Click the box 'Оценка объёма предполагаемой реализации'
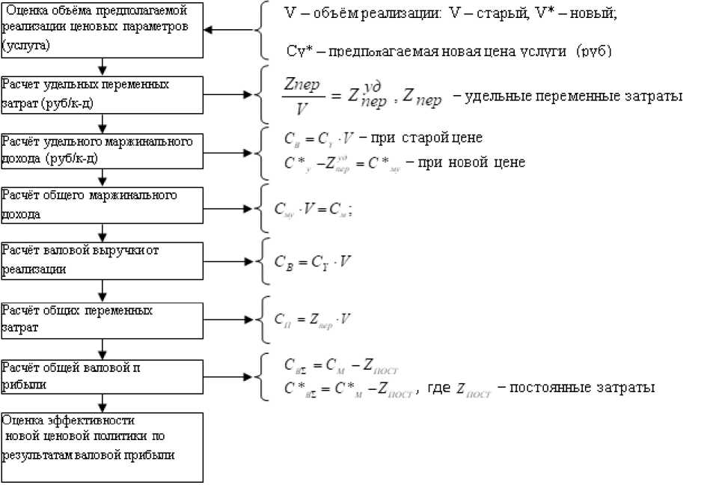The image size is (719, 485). click(x=102, y=30)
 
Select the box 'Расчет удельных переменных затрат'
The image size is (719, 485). click(x=102, y=94)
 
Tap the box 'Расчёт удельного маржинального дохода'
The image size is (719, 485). click(x=102, y=150)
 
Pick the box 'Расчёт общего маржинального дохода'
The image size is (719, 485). click(x=102, y=204)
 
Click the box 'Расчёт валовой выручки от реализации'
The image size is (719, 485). click(x=102, y=260)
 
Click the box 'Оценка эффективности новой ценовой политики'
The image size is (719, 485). click(x=102, y=446)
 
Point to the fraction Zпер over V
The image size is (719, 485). click(x=304, y=97)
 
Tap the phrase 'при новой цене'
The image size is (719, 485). click(x=466, y=162)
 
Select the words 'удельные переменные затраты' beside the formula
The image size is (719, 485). click(x=573, y=97)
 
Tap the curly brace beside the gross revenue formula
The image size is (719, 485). click(x=259, y=260)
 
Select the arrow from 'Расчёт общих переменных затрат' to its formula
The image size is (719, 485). click(x=229, y=320)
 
